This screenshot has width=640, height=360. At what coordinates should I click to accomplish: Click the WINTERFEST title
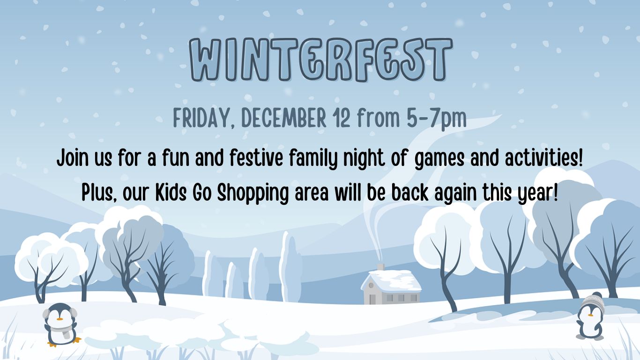click(x=321, y=60)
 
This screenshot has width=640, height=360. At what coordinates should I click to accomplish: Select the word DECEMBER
click(x=284, y=118)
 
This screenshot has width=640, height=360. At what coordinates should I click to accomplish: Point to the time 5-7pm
click(x=437, y=119)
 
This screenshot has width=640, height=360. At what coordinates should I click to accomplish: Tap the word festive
click(x=256, y=157)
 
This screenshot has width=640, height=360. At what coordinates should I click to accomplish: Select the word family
click(x=313, y=159)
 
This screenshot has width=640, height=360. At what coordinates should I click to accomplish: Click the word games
click(x=439, y=159)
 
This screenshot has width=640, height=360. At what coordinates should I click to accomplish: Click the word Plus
click(x=99, y=193)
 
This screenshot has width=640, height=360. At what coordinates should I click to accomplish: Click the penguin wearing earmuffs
click(x=60, y=324)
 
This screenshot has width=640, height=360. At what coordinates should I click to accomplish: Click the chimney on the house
click(x=380, y=267)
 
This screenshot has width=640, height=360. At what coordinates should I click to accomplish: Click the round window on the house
click(x=372, y=285)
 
